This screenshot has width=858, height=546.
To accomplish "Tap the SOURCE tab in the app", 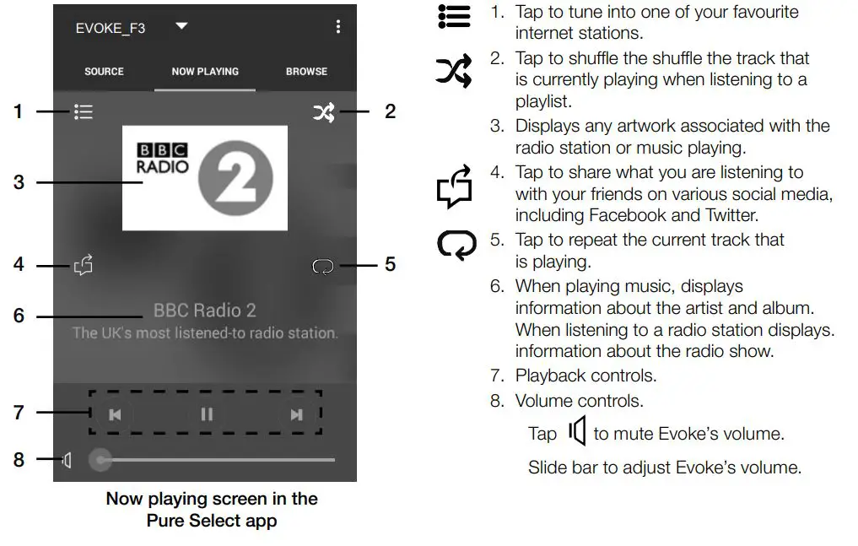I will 104,72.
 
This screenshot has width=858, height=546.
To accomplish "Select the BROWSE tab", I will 306,72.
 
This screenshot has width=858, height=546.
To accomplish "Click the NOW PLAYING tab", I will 205,72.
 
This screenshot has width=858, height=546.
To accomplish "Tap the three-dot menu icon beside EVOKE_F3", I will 337,27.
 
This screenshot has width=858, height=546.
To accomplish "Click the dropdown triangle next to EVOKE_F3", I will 181,27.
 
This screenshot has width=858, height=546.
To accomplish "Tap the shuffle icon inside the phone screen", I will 323,112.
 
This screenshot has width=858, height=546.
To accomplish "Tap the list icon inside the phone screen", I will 83,112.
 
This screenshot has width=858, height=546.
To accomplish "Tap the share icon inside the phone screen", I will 83,266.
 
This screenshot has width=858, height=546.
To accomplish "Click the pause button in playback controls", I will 207,414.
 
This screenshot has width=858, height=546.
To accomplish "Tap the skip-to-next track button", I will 296,414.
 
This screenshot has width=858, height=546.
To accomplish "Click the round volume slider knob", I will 101,460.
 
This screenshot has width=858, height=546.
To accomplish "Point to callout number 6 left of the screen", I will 19,316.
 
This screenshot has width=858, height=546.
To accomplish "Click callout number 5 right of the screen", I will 390,265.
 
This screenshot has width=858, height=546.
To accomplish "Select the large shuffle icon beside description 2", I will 454,73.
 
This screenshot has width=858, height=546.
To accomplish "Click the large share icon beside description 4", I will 454,187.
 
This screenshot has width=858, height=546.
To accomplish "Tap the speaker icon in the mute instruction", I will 577,432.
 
